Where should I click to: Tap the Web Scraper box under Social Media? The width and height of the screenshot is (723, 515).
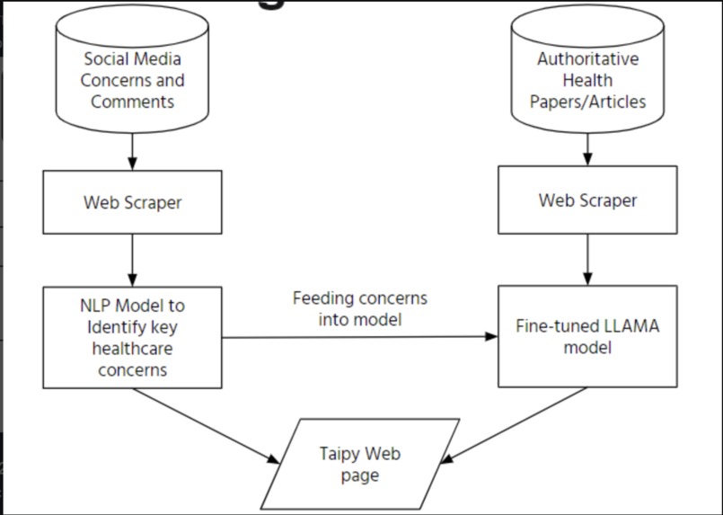(133, 201)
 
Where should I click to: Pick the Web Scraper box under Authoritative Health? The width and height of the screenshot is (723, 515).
(587, 200)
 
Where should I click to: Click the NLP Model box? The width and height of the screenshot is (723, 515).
(133, 337)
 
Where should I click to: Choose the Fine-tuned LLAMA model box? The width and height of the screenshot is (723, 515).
(587, 337)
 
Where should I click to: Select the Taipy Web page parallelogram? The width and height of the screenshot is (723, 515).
(359, 464)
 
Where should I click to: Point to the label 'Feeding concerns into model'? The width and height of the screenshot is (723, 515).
(359, 307)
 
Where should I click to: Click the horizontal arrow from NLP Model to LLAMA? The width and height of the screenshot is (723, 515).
(359, 337)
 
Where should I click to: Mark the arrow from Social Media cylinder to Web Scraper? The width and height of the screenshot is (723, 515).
(133, 150)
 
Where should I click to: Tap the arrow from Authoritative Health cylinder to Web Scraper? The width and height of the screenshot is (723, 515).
(587, 149)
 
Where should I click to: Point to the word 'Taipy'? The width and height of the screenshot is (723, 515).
(339, 454)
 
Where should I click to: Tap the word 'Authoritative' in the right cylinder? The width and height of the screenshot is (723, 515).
(587, 60)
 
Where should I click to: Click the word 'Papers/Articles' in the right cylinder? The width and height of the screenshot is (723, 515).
(587, 101)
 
